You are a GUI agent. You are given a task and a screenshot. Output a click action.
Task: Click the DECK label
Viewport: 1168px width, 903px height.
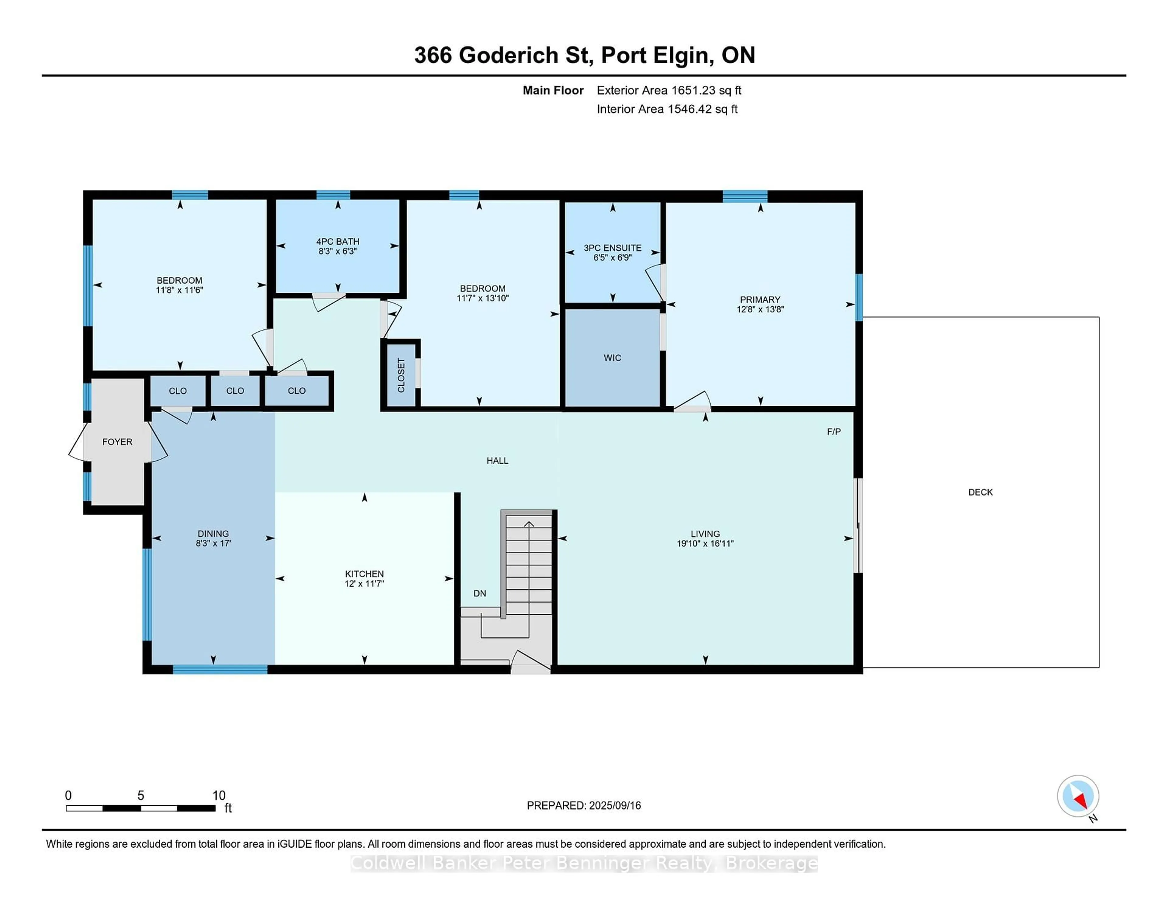point(980,492)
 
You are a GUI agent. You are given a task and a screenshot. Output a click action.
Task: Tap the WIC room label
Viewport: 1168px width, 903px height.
point(612,358)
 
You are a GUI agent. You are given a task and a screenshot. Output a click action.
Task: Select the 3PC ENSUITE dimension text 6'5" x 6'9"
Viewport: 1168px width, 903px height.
point(612,258)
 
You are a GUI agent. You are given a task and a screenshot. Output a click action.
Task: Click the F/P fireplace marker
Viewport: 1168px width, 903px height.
point(834,432)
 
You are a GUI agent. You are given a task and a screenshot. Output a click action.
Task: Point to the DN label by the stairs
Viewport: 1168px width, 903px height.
point(480,593)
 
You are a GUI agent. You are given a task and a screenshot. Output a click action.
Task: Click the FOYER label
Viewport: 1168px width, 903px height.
point(117,442)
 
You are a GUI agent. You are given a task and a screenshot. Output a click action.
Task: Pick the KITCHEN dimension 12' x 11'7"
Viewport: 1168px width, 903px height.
point(364,584)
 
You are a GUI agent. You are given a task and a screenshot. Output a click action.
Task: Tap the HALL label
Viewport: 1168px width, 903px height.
point(497,461)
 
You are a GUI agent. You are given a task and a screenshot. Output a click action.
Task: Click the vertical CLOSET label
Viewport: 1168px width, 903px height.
point(401,375)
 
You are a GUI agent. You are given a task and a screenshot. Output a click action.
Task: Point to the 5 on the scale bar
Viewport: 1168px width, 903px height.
point(141,796)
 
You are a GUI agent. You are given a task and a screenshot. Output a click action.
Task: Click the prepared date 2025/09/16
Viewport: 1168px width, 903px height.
point(615,806)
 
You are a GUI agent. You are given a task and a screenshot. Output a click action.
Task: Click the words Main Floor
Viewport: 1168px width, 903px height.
point(553,90)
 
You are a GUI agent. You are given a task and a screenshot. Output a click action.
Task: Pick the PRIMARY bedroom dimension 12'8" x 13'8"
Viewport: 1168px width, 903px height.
point(760,309)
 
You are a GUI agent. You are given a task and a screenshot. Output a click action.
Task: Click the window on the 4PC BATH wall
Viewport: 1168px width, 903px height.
point(333,195)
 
